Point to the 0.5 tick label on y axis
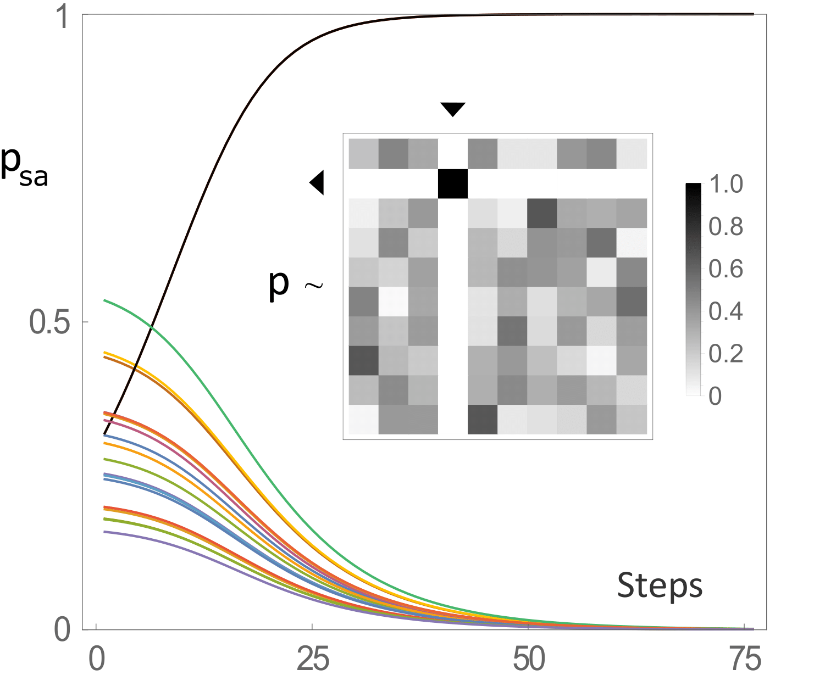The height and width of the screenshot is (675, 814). pos(51,322)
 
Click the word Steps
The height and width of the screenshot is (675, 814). pos(660,586)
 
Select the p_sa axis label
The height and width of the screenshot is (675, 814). pos(25,166)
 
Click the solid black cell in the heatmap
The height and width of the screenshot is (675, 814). pos(453,183)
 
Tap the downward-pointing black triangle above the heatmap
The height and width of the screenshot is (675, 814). pos(453,109)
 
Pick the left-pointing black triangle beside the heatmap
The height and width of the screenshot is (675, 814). pos(318,183)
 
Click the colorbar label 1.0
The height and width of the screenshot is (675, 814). pos(726,185)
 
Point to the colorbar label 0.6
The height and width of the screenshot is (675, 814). pos(726,269)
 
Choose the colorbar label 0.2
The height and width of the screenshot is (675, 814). pos(726,354)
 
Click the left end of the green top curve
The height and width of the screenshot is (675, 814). pos(105,300)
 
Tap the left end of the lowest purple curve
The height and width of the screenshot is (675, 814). pos(105,531)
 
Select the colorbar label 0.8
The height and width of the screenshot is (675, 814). pos(726,227)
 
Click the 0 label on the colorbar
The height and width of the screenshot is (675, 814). pos(715,395)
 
